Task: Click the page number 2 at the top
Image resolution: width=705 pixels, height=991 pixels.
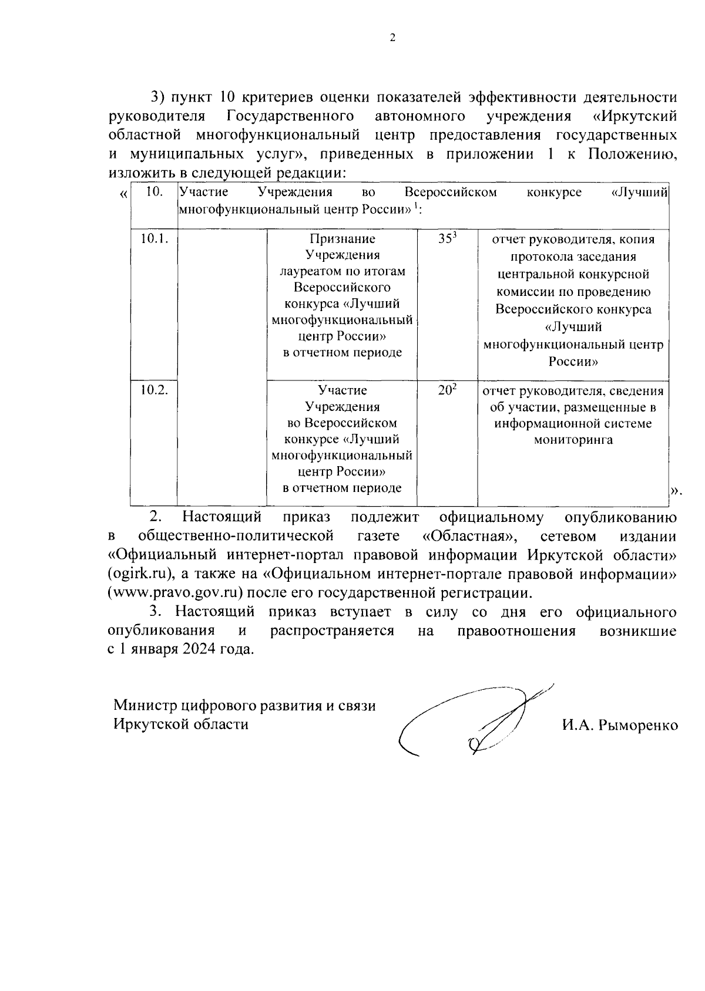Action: point(392,38)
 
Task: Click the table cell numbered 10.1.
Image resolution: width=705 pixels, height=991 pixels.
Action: point(154,239)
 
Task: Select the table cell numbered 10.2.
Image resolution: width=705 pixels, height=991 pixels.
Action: point(154,390)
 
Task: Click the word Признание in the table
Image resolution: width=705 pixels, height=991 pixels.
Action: point(342,239)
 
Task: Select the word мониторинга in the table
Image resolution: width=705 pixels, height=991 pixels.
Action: point(573,440)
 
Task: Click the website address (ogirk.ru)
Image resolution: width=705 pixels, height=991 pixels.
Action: point(141,573)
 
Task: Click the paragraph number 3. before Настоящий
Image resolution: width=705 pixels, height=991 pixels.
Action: point(156,612)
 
